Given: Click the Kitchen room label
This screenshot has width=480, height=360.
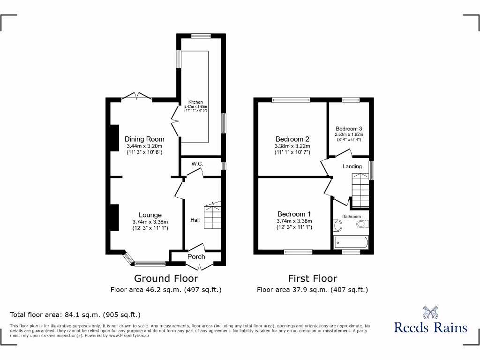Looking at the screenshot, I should click(x=195, y=102).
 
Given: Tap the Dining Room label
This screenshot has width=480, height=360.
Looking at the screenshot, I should click(x=144, y=139).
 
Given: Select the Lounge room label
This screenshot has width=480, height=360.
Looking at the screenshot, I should click(x=150, y=215).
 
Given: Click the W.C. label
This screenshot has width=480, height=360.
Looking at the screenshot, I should click(x=197, y=164).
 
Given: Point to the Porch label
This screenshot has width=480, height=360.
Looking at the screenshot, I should click(x=196, y=256).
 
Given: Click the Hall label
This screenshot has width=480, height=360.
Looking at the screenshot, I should click(x=195, y=219).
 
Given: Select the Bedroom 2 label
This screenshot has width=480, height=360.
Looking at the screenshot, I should click(x=292, y=139).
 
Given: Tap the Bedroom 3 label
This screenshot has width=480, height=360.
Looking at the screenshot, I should click(x=349, y=128).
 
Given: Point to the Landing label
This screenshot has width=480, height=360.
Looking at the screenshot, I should click(x=352, y=166).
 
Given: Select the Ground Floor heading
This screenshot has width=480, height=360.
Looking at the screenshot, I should click(x=166, y=278).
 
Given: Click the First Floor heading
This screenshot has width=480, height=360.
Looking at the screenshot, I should click(x=313, y=278).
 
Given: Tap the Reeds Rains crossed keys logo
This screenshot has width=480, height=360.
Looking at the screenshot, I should click(x=431, y=312).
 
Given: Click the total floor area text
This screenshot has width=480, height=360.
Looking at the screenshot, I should click(x=75, y=315).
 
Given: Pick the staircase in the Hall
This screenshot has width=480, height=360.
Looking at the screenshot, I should click(x=212, y=216).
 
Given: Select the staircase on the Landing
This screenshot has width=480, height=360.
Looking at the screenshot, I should click(x=360, y=189).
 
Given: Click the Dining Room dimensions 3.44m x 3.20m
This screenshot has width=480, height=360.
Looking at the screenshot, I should click(x=144, y=146).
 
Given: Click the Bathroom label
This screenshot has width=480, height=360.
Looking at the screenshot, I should click(x=351, y=217).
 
